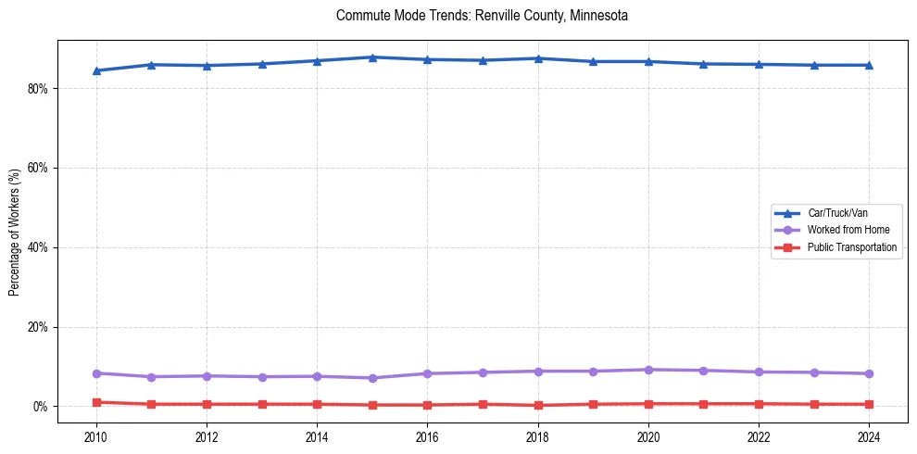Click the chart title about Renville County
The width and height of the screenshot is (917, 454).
[483, 16]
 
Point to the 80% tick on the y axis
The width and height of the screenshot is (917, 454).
[40, 88]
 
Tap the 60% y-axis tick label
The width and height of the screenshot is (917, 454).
[40, 168]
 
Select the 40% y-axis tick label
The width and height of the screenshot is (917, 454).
[40, 247]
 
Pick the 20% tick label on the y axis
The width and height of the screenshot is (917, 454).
[40, 327]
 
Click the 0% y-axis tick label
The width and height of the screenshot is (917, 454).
[43, 407]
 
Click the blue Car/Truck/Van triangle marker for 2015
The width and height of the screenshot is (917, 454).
[372, 57]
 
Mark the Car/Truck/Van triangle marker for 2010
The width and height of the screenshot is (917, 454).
[96, 70]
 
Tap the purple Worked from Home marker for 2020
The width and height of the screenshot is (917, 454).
[648, 370]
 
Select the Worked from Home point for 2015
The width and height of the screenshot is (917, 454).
[372, 378]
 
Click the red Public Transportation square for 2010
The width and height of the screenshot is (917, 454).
[96, 402]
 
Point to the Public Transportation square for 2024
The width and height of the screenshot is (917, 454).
[869, 404]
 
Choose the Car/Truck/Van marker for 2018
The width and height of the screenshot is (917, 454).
[538, 58]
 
